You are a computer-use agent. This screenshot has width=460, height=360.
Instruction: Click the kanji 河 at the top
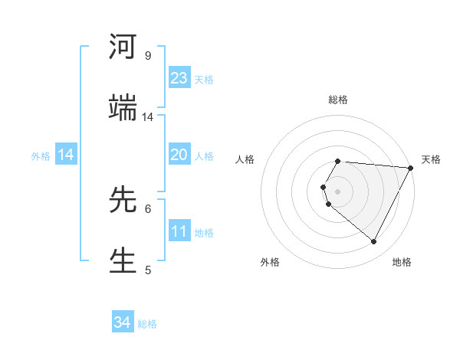tap(123, 47)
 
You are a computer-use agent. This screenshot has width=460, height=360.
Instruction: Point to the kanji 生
tap(123, 259)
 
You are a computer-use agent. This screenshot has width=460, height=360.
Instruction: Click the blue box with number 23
tap(179, 78)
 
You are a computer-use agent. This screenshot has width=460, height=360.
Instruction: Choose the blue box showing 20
tap(179, 155)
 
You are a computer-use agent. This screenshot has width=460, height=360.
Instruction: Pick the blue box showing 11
tap(179, 231)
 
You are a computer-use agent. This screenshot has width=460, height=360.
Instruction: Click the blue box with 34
tap(123, 322)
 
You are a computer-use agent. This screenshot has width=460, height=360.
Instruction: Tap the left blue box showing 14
tap(66, 155)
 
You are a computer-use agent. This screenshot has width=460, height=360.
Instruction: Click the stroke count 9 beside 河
tap(148, 56)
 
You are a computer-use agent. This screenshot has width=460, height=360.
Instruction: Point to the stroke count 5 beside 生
tap(148, 270)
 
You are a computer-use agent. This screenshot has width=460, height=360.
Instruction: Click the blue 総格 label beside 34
tap(147, 324)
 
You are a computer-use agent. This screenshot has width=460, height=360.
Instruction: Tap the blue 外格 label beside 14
tap(41, 156)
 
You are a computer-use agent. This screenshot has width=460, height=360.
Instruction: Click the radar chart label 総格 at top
tap(338, 100)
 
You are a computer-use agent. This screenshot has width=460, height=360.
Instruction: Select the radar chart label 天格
tap(432, 159)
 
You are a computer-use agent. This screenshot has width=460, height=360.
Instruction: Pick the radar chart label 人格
tap(245, 159)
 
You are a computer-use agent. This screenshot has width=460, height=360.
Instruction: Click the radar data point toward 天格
tap(411, 168)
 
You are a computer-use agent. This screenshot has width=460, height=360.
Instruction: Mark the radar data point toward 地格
tap(374, 242)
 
